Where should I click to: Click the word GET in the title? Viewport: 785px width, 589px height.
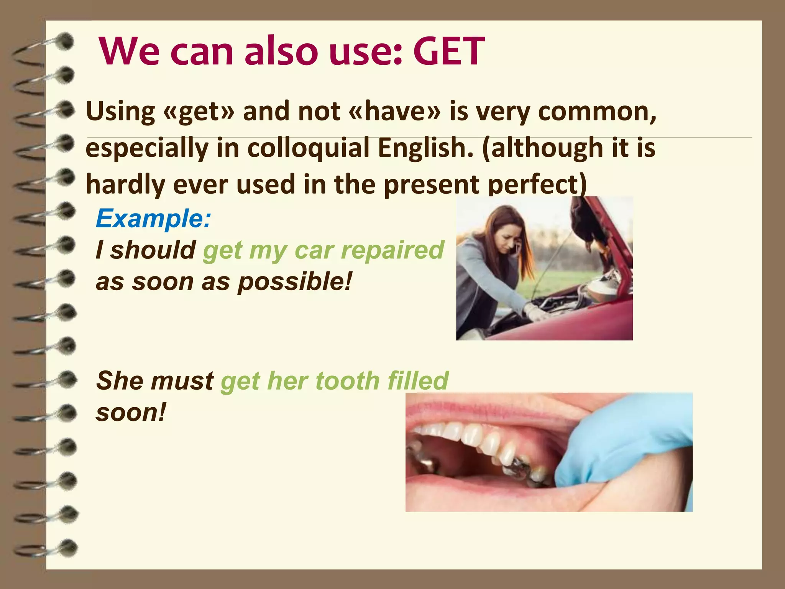[x=448, y=52]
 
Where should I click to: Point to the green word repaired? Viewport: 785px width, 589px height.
[x=392, y=250]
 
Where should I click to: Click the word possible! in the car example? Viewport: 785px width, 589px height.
[x=294, y=282]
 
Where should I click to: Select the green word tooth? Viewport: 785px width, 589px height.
[x=347, y=381]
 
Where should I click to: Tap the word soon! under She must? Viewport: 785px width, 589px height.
[x=131, y=413]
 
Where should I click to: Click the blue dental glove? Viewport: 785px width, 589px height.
[x=629, y=452]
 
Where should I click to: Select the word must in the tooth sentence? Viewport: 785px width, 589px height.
[x=182, y=381]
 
